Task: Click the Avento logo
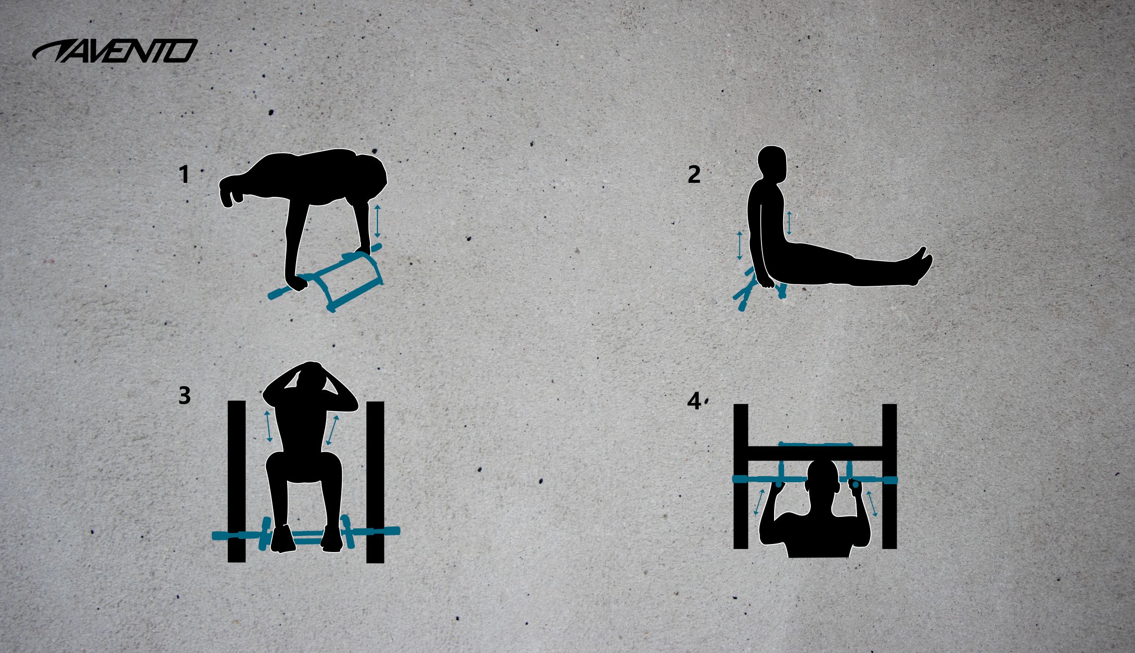(x=115, y=51)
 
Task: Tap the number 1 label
(x=184, y=175)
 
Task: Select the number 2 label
(x=694, y=175)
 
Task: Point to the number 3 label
(x=184, y=396)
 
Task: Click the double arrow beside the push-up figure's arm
(x=377, y=221)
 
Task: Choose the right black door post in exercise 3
(x=375, y=482)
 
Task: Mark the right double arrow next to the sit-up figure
(x=332, y=430)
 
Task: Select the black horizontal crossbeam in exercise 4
(x=815, y=453)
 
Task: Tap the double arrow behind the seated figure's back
(x=739, y=246)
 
